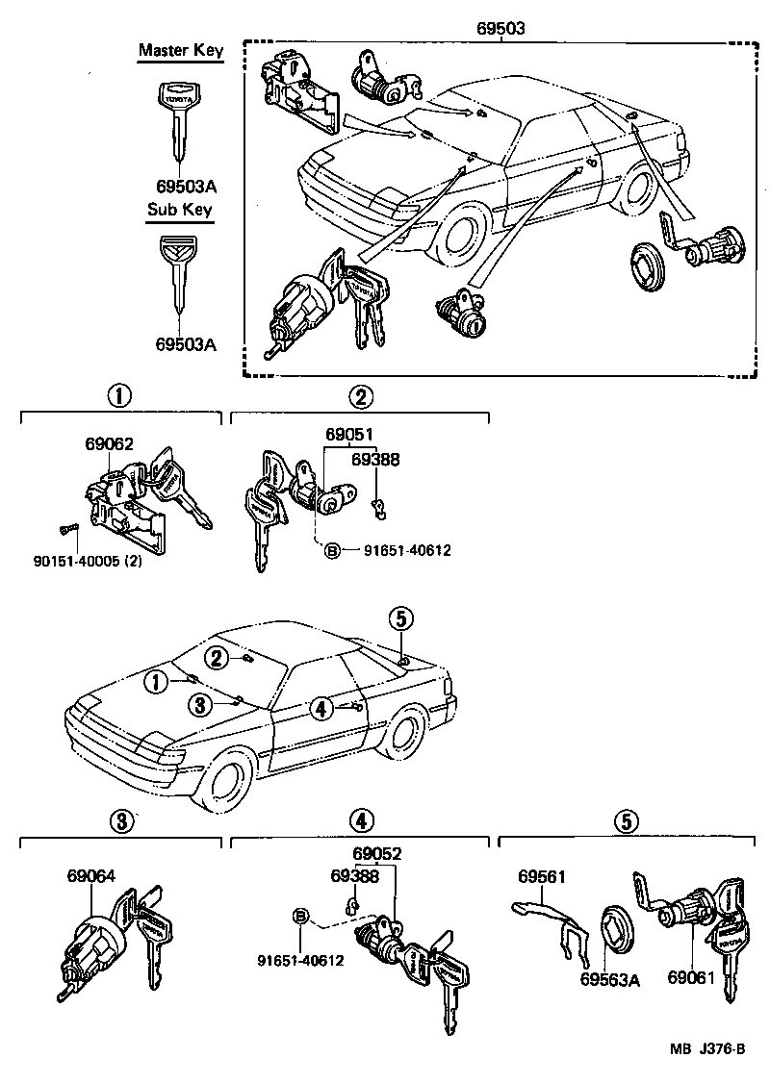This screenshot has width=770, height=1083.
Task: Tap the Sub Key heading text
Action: click(179, 209)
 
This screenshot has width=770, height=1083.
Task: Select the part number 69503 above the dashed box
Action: click(500, 28)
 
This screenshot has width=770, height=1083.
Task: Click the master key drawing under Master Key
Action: click(180, 125)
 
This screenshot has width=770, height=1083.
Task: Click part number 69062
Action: click(109, 443)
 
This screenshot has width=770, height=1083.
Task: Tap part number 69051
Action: click(349, 434)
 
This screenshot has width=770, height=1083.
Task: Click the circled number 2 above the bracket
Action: click(359, 396)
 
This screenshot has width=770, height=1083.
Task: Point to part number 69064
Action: click(91, 875)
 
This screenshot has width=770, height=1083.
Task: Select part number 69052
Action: click(376, 853)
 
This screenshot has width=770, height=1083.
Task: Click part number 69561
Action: click(542, 876)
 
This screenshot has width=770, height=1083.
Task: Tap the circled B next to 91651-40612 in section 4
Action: click(301, 915)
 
